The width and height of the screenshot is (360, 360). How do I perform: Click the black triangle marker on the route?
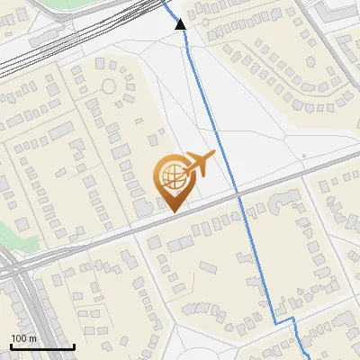click(x=180, y=23)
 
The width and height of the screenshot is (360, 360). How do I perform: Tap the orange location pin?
click(x=173, y=181)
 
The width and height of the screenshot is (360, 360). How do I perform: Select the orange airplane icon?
click(x=198, y=166)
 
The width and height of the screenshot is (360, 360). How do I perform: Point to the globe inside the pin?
click(x=172, y=175)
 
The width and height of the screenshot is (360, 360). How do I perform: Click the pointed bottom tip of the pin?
click(x=173, y=211)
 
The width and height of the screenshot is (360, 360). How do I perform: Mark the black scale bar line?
click(x=41, y=346)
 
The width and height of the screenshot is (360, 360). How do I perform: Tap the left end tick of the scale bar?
click(x=10, y=345)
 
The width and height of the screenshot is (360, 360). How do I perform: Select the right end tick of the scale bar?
click(x=74, y=345)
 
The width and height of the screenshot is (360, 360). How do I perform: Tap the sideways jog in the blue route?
click(x=284, y=321)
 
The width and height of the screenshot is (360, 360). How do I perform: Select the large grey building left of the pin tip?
click(x=143, y=207)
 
